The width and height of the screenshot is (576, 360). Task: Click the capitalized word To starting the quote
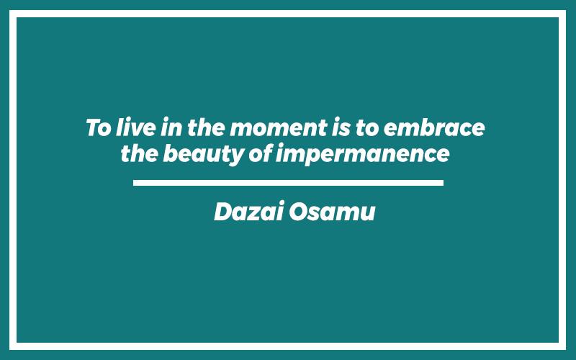coord(99,128)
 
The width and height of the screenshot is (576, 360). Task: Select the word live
coord(135,127)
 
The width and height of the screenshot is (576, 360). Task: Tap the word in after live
coord(171,127)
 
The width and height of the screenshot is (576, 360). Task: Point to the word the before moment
coord(206,127)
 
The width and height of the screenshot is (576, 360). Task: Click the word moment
coord(279,128)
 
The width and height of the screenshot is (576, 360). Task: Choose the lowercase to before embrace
coord(367,128)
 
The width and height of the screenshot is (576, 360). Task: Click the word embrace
coord(434,127)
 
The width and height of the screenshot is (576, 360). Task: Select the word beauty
coord(204,154)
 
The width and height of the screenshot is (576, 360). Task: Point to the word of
coord(261,153)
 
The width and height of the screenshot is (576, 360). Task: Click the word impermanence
coord(363,154)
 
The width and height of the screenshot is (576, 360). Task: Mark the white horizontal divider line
coord(289,183)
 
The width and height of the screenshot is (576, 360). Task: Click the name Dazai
coord(249,211)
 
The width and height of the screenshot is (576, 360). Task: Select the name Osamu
coord(332,212)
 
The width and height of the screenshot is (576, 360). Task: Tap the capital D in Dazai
coord(225,212)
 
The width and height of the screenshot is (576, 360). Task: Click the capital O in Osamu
coord(300,212)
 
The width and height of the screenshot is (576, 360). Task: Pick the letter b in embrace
coord(426,127)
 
